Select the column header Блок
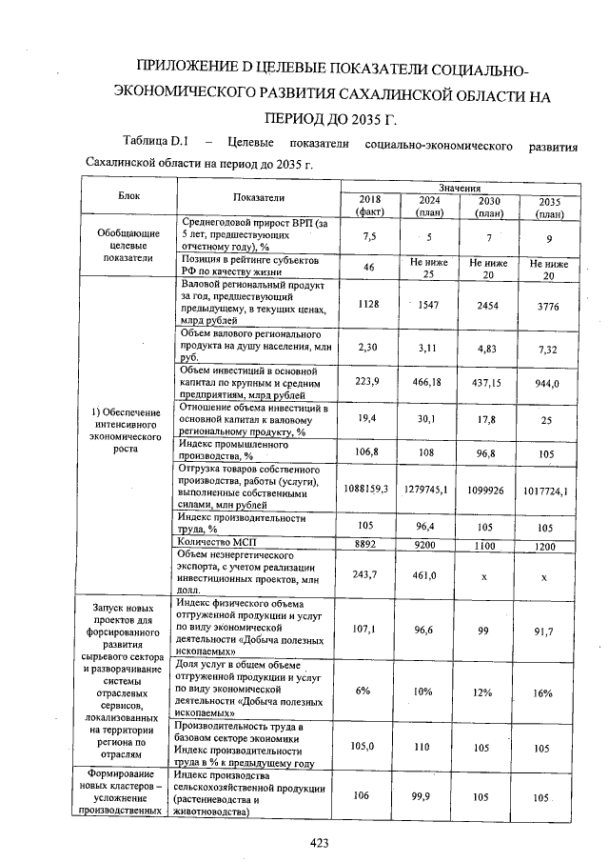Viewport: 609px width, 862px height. pos(128,195)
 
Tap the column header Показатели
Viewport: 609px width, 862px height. pos(259,196)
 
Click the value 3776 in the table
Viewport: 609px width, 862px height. pos(548,305)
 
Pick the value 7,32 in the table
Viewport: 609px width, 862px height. pos(548,349)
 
